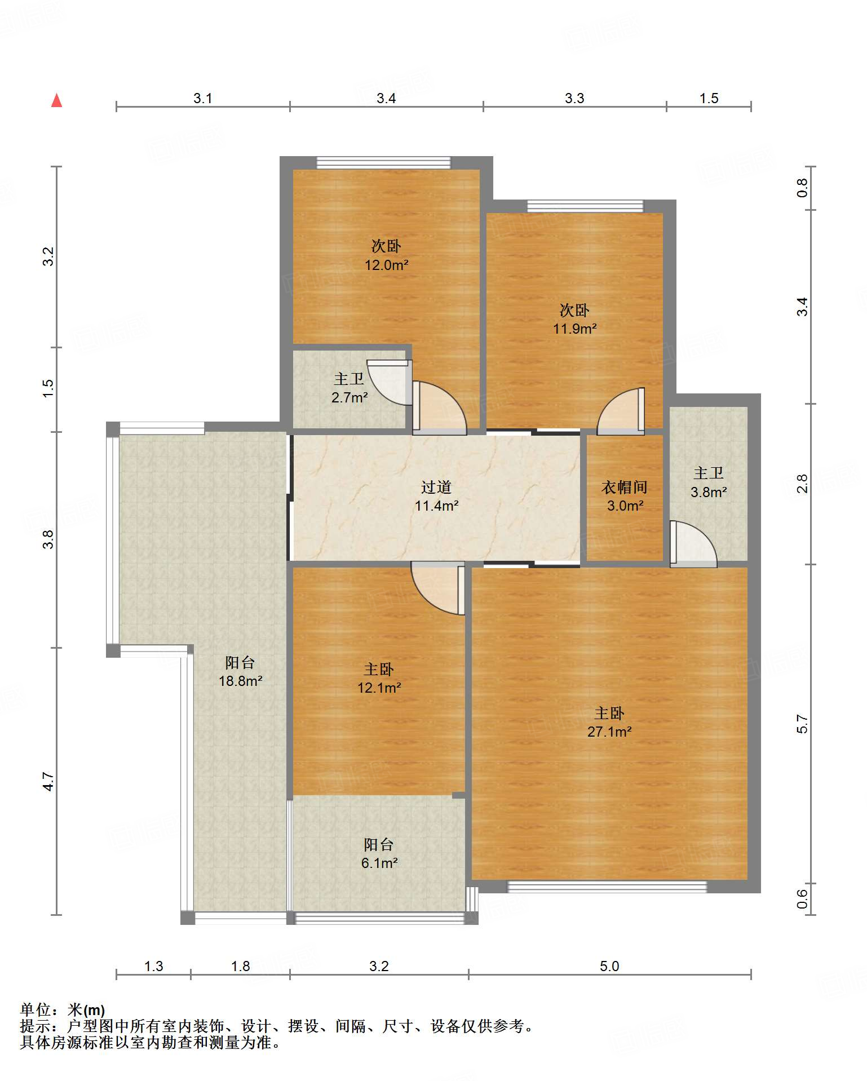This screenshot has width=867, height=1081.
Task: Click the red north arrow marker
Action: coord(56,100)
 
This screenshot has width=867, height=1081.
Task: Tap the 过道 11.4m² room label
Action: coord(436,496)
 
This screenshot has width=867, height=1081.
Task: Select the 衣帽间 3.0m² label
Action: coord(625,496)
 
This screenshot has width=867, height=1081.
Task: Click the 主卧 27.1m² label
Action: coord(609,722)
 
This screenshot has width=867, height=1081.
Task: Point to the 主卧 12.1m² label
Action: coord(379,678)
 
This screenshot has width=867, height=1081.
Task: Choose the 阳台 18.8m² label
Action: coord(240,671)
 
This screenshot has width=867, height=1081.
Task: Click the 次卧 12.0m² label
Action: coord(386,255)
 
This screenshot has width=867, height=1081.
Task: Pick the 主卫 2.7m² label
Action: coord(350,388)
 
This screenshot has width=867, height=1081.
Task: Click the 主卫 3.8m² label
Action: coord(709,482)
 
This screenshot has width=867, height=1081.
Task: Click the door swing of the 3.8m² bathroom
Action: coord(693,544)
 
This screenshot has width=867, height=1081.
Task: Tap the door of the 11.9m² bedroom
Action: coord(621,411)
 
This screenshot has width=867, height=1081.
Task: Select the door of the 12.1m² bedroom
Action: coord(438,588)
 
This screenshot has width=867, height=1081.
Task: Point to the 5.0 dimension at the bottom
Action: coord(609,966)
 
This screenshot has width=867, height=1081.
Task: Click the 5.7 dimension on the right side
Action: coord(802,724)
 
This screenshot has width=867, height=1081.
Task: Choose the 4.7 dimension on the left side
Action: coord(48,781)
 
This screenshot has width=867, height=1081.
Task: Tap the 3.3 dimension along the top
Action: coord(574,98)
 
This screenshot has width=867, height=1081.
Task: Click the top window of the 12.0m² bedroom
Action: coord(384,163)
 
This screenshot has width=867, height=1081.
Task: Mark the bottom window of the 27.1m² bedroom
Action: coord(607,887)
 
